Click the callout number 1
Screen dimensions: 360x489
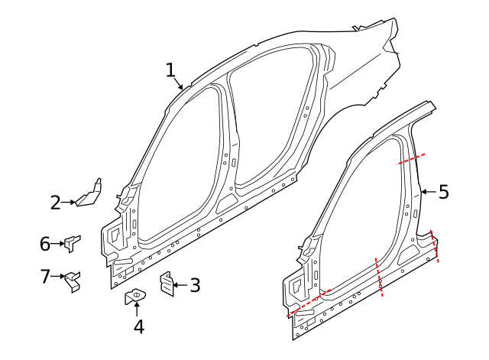171,70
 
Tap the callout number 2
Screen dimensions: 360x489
55,203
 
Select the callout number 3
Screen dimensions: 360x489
195,286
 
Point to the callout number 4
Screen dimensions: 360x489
138,326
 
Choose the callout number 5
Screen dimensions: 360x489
444,192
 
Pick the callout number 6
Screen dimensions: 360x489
45,244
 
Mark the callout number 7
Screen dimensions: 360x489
45,276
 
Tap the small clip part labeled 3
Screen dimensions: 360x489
166,284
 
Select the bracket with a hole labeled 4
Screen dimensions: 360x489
134,295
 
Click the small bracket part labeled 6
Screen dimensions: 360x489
72,243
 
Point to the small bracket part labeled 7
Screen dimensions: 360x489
73,280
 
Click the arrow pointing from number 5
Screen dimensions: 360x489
428,192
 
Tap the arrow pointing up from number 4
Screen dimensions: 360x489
138,310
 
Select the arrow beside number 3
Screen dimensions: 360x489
180,285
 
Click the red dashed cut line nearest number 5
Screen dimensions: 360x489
412,159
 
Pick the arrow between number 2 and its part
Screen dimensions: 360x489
69,203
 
